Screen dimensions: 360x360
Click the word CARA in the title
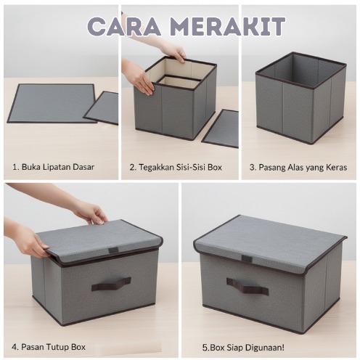(124, 26)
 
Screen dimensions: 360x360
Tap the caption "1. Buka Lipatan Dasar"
(53, 167)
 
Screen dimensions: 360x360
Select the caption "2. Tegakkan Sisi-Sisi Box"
(176, 167)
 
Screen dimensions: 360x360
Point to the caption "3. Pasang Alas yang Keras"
(298, 168)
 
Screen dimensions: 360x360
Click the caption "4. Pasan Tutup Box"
(49, 347)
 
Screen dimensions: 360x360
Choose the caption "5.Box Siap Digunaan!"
(243, 348)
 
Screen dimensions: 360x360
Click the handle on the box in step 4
(111, 283)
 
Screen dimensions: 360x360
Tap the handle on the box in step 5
(247, 286)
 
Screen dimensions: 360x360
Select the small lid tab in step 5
(247, 258)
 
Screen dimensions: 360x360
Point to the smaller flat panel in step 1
(102, 107)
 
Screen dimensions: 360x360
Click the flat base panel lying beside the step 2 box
(221, 128)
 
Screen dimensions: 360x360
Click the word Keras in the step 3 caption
(337, 167)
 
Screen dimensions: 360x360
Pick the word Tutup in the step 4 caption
(58, 347)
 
